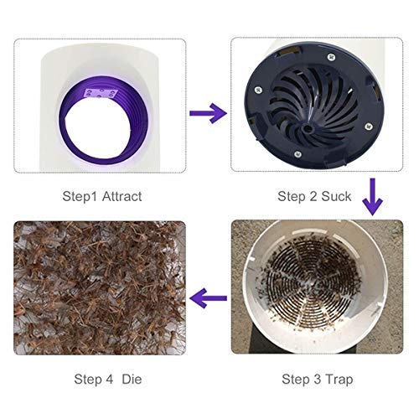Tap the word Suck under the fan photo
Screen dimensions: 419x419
pos(337,196)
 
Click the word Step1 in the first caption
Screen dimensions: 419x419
pos(80,196)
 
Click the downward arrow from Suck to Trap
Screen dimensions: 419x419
pos(371,199)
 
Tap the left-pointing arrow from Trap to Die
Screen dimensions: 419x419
pos(209,296)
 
